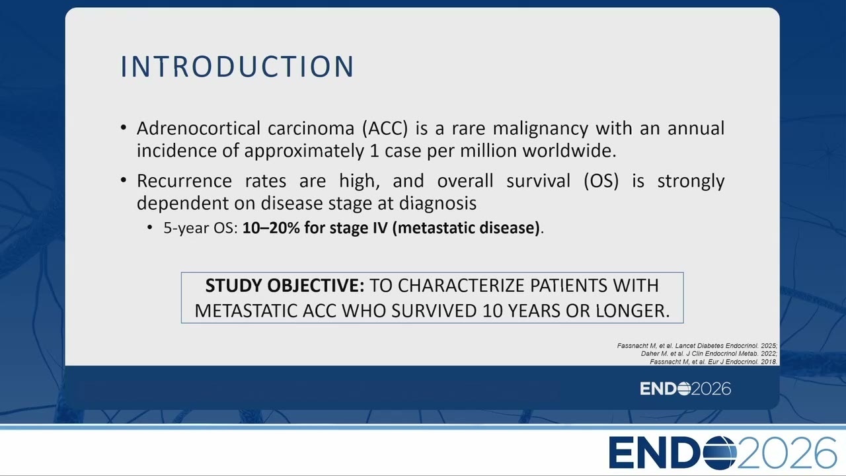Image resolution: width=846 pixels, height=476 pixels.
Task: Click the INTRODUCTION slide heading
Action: (x=237, y=67)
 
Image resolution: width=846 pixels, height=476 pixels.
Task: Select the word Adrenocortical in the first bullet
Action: (x=198, y=128)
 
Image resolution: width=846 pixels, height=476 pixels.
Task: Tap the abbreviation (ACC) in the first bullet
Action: (x=385, y=128)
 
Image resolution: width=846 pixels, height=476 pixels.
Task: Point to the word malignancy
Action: (x=541, y=129)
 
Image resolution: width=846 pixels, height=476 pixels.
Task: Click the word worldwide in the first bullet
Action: (x=570, y=150)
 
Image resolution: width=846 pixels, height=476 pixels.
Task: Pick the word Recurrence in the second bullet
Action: (x=184, y=180)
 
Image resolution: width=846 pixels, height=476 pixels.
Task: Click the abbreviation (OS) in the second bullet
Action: (x=601, y=181)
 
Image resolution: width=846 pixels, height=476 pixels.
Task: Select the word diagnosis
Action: (x=438, y=203)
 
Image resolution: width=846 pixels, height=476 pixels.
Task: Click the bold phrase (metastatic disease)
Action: (x=466, y=228)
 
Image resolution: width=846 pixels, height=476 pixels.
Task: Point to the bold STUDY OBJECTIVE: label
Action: (x=285, y=286)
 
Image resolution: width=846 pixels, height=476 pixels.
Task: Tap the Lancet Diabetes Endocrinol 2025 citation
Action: (x=697, y=346)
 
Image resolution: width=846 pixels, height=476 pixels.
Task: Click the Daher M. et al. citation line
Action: (x=709, y=354)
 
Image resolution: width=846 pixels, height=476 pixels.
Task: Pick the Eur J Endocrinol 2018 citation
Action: (x=713, y=362)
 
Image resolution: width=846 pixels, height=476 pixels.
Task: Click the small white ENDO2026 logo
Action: (x=685, y=389)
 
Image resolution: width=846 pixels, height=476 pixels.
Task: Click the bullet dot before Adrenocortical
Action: (x=124, y=128)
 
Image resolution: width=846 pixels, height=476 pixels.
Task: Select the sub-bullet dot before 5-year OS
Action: (x=150, y=227)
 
